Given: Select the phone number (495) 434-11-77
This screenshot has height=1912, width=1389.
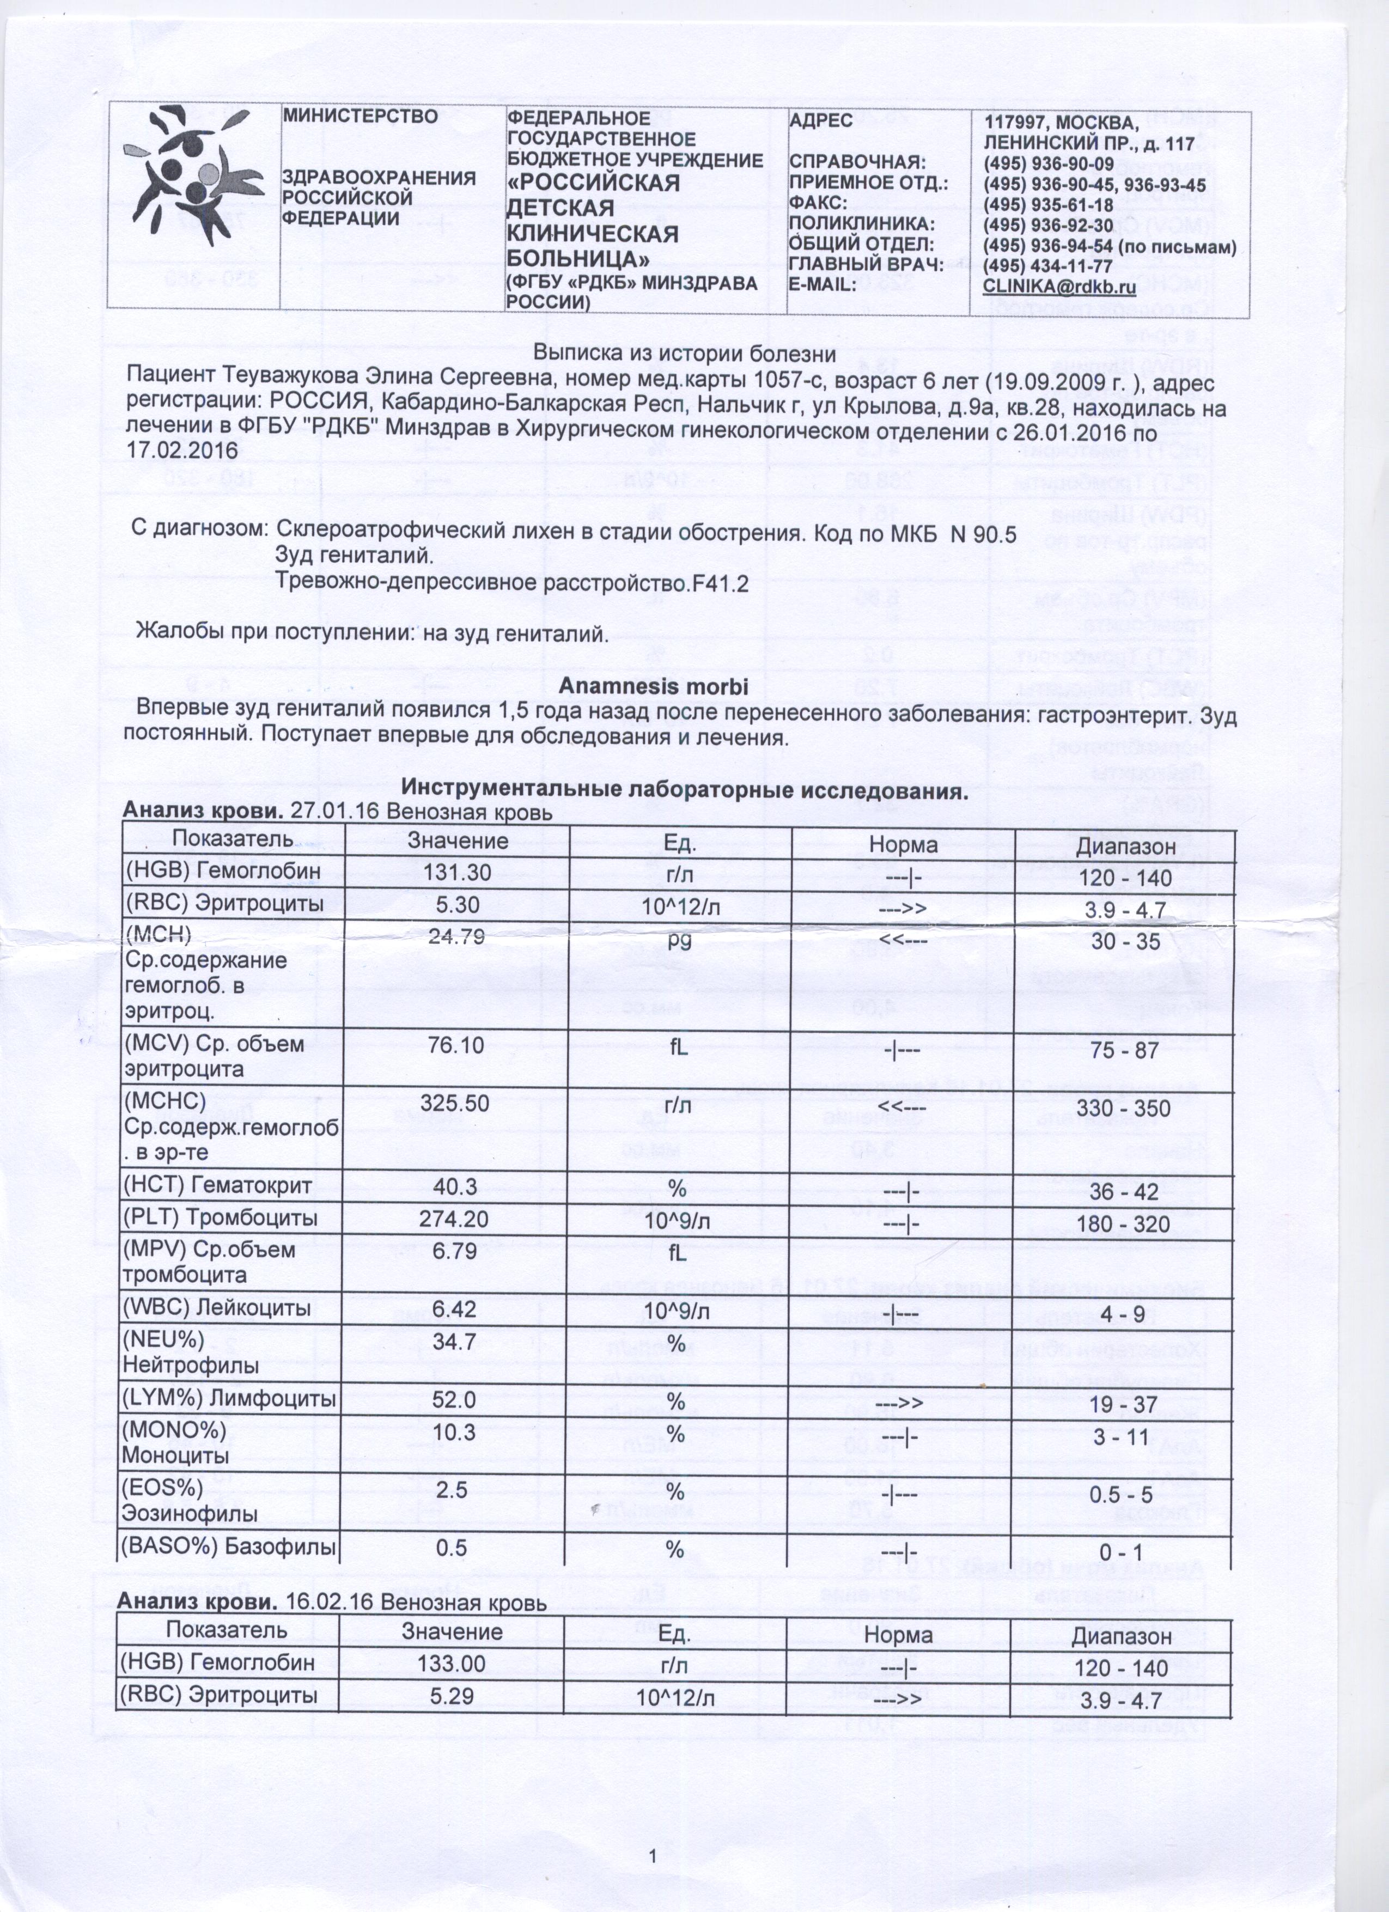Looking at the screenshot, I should click(1049, 266).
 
